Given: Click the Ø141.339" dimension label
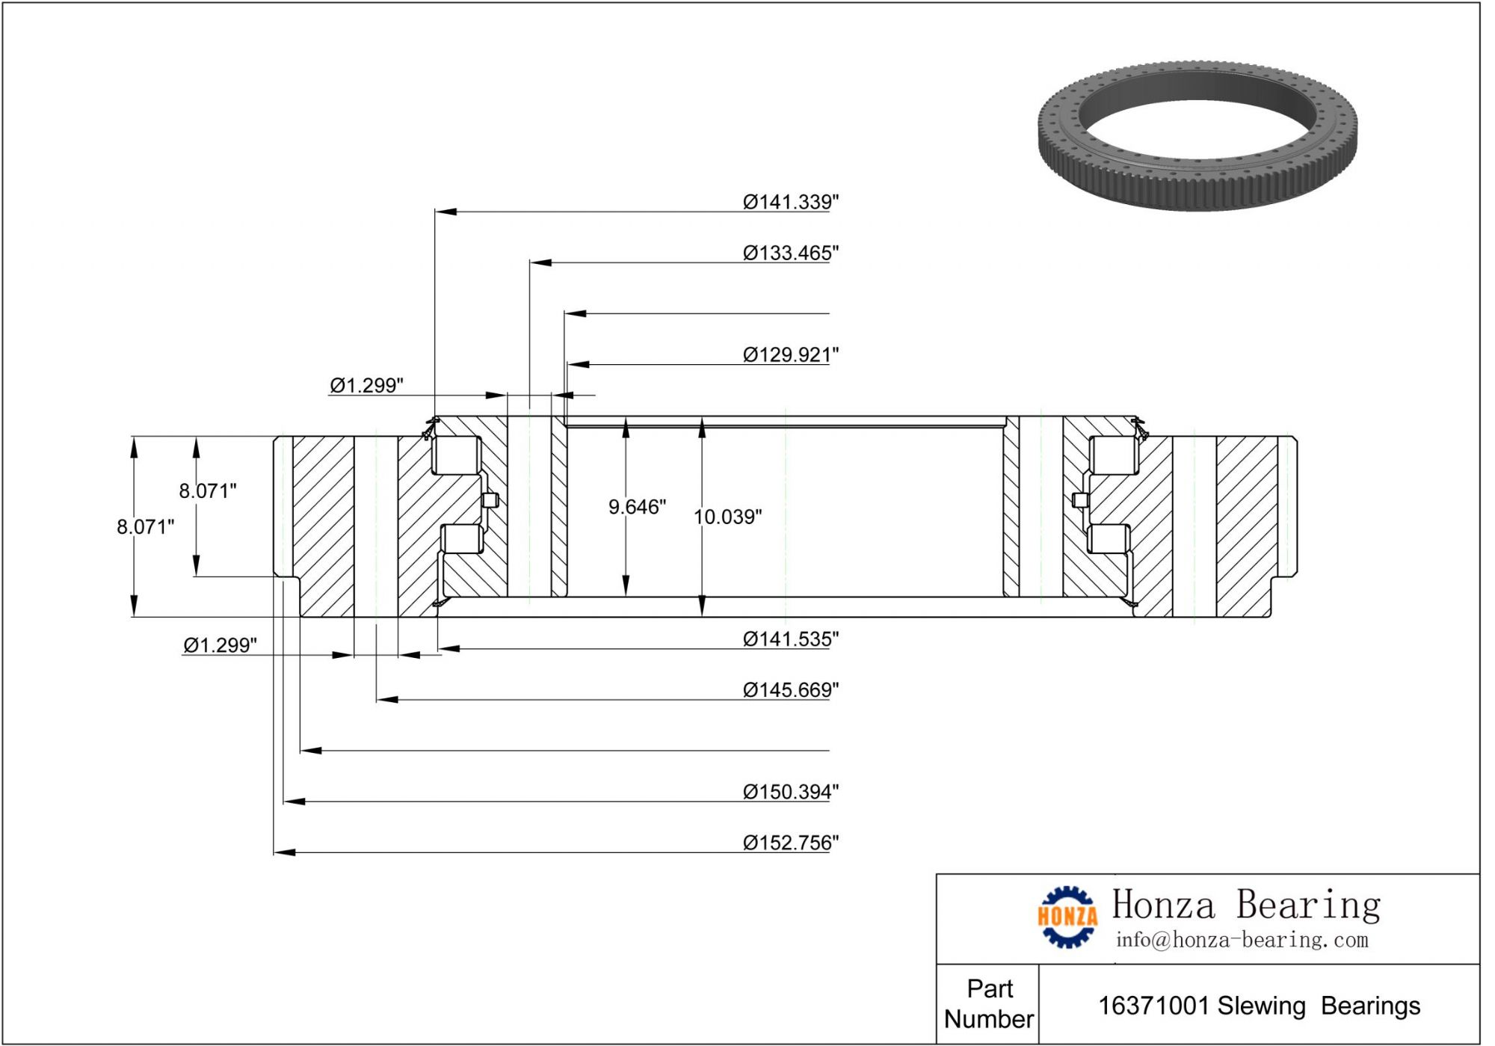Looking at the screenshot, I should pyautogui.click(x=790, y=202).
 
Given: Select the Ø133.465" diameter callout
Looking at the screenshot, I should pyautogui.click(x=790, y=253).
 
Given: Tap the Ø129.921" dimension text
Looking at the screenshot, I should pyautogui.click(x=790, y=354).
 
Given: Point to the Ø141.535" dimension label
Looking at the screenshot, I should pyautogui.click(x=790, y=639).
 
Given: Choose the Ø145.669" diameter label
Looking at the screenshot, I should pyautogui.click(x=790, y=689).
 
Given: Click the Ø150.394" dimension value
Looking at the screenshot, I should pyautogui.click(x=790, y=791).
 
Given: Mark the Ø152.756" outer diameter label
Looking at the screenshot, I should pyautogui.click(x=790, y=843).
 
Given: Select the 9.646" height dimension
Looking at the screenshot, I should pyautogui.click(x=637, y=507).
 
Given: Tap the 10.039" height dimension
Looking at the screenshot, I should pyautogui.click(x=727, y=517).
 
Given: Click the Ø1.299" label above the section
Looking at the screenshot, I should pyautogui.click(x=366, y=385).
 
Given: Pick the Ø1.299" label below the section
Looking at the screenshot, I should pyautogui.click(x=220, y=644).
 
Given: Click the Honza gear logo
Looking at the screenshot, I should pyautogui.click(x=1067, y=917).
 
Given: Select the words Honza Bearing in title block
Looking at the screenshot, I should pyautogui.click(x=1245, y=905).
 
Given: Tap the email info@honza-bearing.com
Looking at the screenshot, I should pyautogui.click(x=1242, y=940).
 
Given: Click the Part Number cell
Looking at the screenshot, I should pyautogui.click(x=989, y=1003).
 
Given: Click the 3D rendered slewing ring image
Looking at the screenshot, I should pyautogui.click(x=1197, y=136).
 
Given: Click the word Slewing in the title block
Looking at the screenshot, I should pyautogui.click(x=1261, y=1006).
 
